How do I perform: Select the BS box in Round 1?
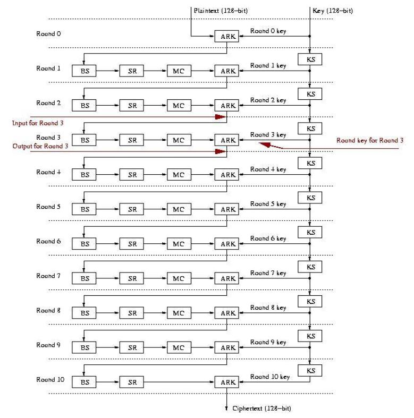(x=85, y=71)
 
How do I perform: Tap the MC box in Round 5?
(x=178, y=209)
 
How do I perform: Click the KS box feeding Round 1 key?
(x=311, y=59)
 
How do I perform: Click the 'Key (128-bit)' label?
(x=333, y=11)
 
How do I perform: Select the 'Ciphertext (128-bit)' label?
(x=261, y=408)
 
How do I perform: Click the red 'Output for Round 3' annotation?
(x=40, y=146)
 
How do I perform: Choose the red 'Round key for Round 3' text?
(x=369, y=141)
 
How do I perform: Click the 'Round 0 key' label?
(x=268, y=31)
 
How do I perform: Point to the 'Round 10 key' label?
(x=270, y=377)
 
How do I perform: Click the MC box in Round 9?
(x=178, y=347)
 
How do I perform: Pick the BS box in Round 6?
(x=85, y=244)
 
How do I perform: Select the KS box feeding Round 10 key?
(x=311, y=370)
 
